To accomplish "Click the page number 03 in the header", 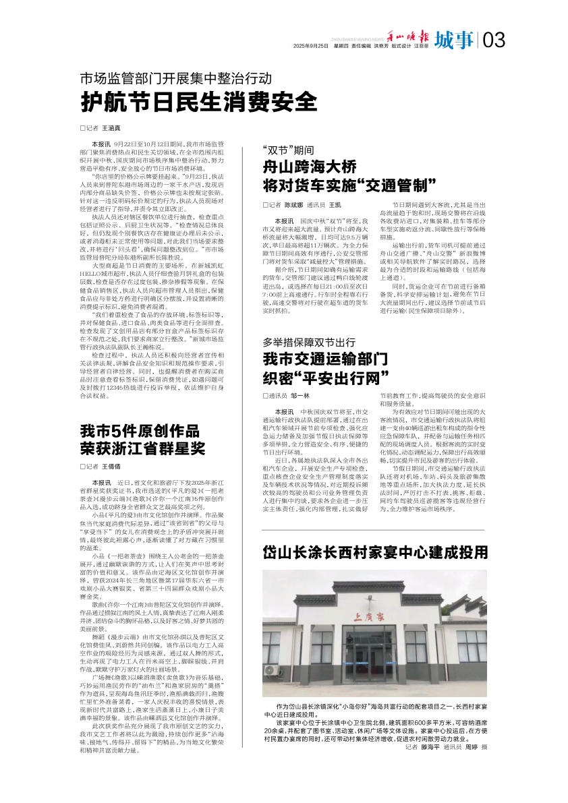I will coord(494,41).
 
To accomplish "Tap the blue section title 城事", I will coord(453,41).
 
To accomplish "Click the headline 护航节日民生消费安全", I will coord(198,102).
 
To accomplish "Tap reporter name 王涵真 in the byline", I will coord(111,127).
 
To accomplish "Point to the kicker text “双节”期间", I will coord(288,150).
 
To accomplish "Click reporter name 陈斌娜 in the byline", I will coord(293,204).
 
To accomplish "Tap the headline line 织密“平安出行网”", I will coord(326,375).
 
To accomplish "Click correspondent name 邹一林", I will coord(300,394).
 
